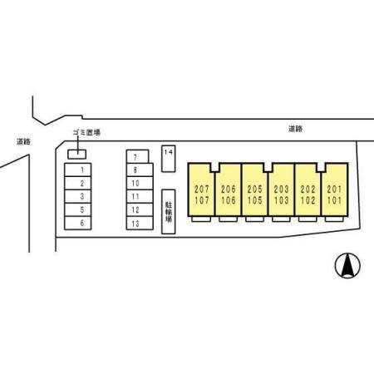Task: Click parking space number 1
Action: coord(77,170)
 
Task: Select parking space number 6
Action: coord(77,223)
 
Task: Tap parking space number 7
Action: coord(137,156)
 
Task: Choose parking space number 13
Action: coord(140,224)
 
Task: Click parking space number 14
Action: coord(169,159)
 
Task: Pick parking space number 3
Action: coord(77,196)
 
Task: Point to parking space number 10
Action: coord(140,183)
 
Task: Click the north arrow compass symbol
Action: coord(347,265)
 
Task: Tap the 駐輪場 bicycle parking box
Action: coord(169,212)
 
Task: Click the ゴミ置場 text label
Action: coord(86,132)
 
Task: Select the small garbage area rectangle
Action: coord(77,155)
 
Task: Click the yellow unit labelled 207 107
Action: coord(201,189)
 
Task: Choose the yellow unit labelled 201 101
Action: coord(335,189)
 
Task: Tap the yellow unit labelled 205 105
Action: coord(255,189)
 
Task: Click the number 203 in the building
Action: coord(281,189)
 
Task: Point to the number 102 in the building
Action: coord(308,200)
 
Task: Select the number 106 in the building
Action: coord(229,200)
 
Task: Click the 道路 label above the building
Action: coord(295,129)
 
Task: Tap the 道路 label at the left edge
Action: coord(23,142)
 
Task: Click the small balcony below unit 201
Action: coord(334,219)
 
